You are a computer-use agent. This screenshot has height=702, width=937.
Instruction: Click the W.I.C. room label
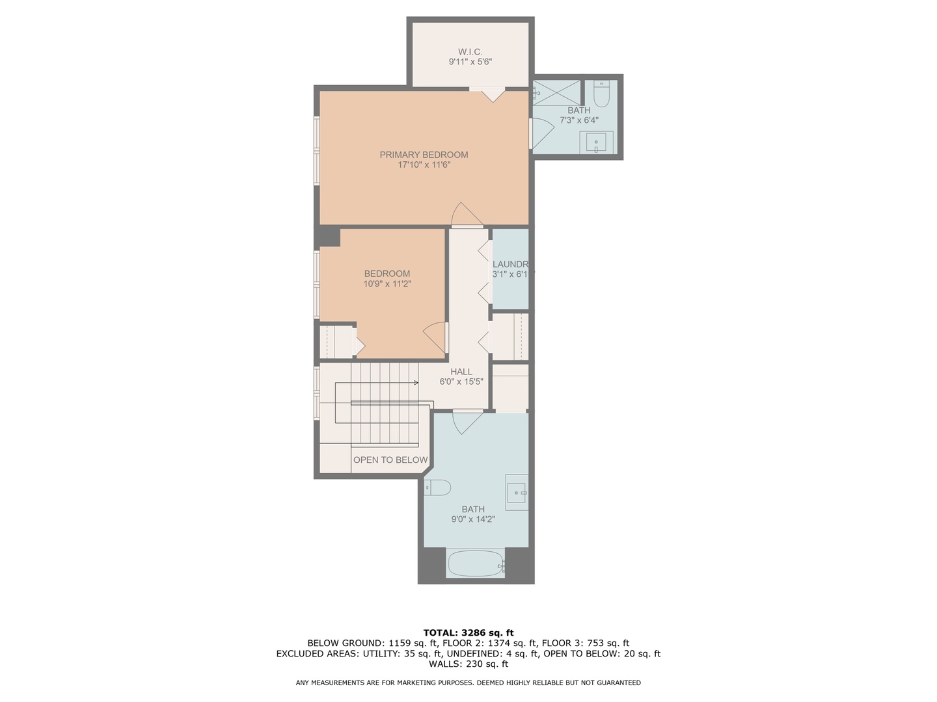point(470,51)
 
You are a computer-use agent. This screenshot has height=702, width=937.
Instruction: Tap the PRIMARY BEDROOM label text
point(424,155)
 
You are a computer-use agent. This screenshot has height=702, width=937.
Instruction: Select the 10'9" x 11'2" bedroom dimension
point(387,284)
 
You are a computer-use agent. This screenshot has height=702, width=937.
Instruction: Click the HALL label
point(461,372)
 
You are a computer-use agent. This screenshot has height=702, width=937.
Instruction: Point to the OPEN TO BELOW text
point(390,460)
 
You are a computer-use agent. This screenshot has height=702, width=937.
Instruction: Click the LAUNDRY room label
point(510,264)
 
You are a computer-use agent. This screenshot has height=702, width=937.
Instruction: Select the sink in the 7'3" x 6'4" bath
point(596,142)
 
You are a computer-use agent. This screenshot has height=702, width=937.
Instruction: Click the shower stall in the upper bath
point(557,92)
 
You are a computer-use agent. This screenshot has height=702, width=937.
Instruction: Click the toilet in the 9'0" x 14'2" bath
point(437,487)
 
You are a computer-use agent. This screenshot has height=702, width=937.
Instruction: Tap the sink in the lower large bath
point(517,493)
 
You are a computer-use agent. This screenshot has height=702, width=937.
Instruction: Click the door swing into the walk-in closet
point(493,94)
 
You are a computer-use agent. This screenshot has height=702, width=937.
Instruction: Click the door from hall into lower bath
point(467,422)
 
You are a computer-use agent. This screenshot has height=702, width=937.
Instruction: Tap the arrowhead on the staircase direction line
point(415,383)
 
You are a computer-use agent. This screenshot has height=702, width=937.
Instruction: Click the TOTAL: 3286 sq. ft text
point(468,632)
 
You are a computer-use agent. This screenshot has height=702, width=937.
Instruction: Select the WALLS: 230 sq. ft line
point(468,664)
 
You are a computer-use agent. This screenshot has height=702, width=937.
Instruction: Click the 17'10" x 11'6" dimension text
point(424,165)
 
